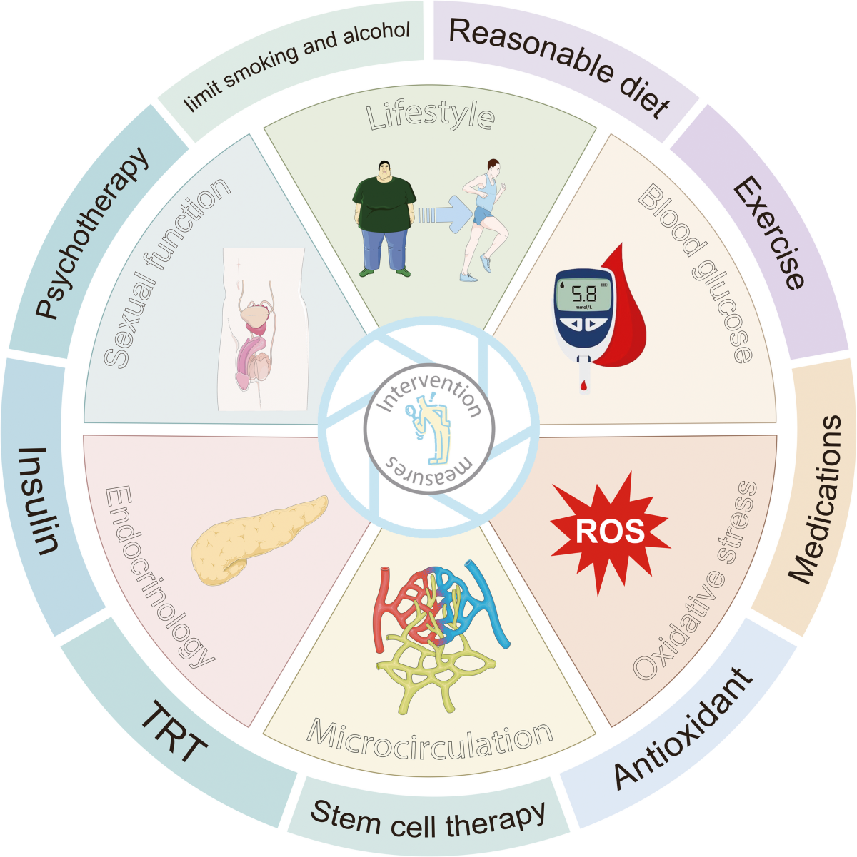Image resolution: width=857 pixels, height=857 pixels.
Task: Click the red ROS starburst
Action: click(611, 532)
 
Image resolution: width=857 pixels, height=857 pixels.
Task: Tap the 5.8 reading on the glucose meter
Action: click(583, 293)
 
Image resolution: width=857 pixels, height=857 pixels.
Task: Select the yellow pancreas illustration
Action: click(259, 539)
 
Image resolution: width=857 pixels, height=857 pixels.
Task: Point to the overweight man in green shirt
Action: click(384, 218)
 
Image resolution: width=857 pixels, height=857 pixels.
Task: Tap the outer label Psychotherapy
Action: click(91, 233)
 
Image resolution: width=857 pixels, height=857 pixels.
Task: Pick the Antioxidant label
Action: click(683, 729)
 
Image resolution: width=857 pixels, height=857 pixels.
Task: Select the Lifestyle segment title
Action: click(431, 116)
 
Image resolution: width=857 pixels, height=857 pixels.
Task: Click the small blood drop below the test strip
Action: click(583, 387)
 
